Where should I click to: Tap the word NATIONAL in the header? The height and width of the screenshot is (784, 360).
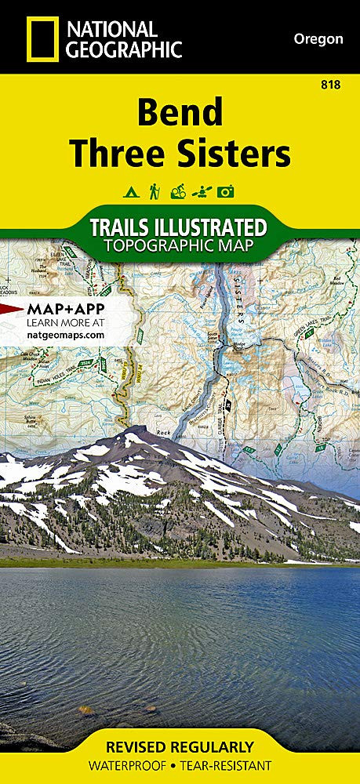pos(111,29)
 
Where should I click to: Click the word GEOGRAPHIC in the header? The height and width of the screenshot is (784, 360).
pos(124,49)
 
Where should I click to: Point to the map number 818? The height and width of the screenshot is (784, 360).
pos(330,85)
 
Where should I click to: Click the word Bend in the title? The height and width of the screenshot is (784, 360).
pos(179,113)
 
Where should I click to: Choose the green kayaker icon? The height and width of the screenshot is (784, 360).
pos(202,191)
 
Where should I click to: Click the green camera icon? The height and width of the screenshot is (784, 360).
pos(227,191)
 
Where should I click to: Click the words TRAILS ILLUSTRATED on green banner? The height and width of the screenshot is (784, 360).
pos(179,227)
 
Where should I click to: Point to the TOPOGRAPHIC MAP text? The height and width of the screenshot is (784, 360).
pos(179,245)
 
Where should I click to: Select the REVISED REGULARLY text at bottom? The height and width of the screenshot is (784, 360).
pos(180,746)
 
